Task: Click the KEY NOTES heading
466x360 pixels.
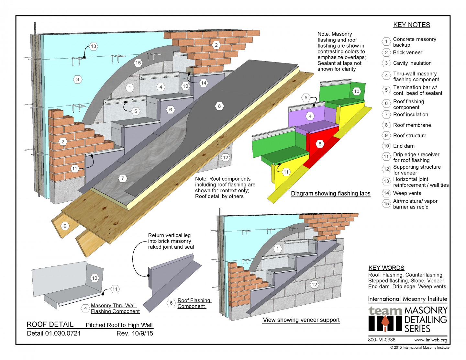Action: click(411, 25)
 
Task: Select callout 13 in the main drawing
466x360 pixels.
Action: click(93, 46)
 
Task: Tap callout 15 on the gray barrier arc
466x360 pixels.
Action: click(138, 63)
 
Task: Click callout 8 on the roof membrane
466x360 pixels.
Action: click(219, 106)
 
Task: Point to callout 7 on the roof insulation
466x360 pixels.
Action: click(123, 178)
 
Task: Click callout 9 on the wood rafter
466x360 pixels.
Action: click(65, 226)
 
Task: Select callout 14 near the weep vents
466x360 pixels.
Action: click(204, 83)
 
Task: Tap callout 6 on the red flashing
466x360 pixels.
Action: click(320, 144)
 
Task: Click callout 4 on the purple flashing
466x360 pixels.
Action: click(310, 116)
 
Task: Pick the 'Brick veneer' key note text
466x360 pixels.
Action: click(407, 52)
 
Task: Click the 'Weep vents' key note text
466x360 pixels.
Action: click(407, 193)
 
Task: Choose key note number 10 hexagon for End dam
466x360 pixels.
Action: click(386, 146)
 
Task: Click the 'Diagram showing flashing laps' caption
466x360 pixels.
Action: click(330, 194)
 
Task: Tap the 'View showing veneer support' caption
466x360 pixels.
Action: click(301, 320)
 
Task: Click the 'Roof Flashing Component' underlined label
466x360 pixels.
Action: click(194, 303)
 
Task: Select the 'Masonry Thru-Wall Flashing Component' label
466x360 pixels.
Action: click(115, 308)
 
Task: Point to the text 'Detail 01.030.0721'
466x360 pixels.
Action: click(54, 333)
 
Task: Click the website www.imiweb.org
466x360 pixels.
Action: click(430, 340)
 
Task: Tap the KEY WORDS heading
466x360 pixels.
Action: click(386, 268)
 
